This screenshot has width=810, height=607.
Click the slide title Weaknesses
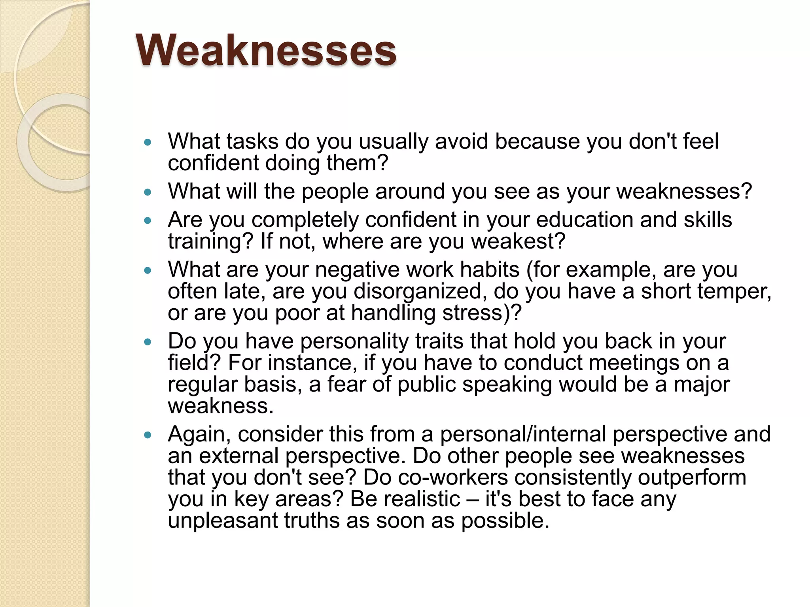266,51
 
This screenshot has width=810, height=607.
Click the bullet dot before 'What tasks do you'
148,143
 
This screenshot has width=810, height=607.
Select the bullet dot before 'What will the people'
148,192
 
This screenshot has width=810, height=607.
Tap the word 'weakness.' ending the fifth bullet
221,406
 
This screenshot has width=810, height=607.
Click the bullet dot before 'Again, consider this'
148,435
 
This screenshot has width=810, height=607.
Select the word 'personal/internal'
523,434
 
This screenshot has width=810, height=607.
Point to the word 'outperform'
691,477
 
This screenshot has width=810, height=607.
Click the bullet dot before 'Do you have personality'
148,342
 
